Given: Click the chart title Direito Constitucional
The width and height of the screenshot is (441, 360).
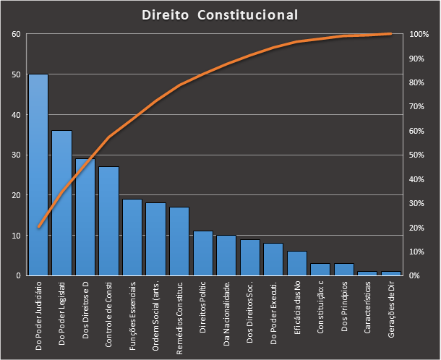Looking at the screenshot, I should [x=219, y=14].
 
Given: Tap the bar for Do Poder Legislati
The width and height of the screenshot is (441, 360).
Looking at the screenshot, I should [x=61, y=203].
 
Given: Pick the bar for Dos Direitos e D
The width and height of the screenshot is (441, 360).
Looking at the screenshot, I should [x=85, y=217].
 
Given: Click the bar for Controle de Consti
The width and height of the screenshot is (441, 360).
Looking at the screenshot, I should [x=108, y=221].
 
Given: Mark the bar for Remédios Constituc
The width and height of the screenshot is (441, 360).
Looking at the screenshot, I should [x=179, y=241].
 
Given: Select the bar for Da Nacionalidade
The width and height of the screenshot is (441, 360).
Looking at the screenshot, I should [x=226, y=255].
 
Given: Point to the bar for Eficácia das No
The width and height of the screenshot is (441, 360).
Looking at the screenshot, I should [x=297, y=263].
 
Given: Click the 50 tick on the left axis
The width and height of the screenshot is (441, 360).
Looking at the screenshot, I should [x=15, y=74].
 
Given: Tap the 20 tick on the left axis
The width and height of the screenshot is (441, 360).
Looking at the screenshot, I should [x=15, y=195].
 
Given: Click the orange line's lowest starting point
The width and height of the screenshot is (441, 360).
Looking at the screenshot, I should [x=38, y=227].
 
